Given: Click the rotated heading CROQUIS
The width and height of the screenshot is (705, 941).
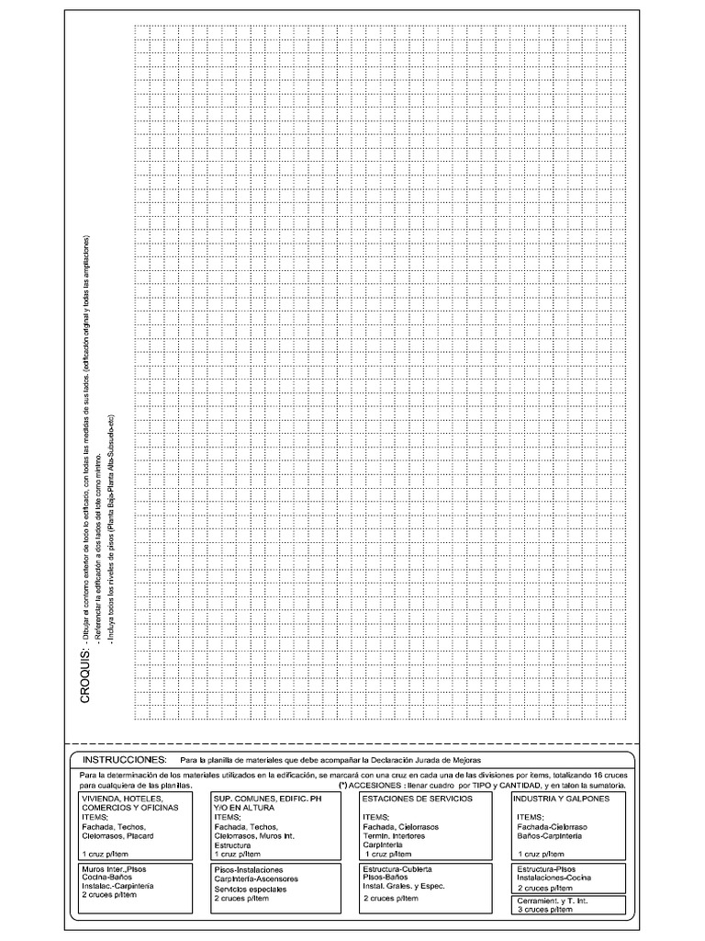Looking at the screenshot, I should point(84,675).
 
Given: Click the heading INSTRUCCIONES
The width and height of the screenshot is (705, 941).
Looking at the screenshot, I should point(125,761).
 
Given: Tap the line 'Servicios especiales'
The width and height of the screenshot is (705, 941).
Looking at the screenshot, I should point(250,890).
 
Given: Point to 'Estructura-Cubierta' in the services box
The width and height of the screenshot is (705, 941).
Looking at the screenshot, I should point(397,869).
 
